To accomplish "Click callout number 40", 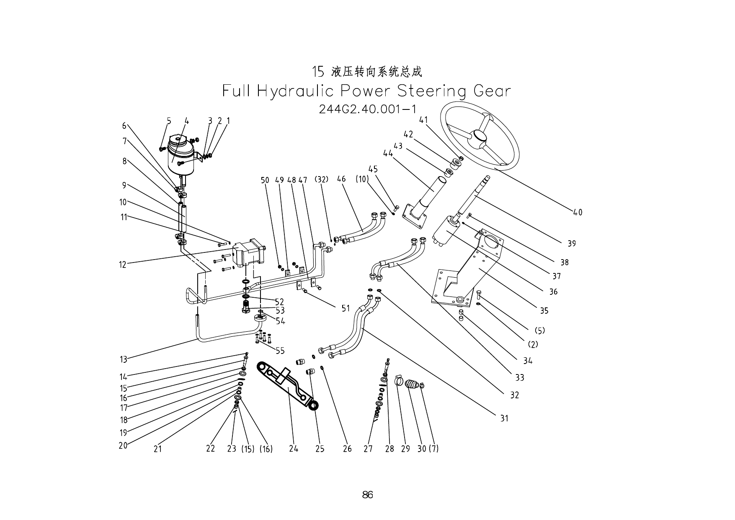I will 578,213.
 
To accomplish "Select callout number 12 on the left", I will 123,265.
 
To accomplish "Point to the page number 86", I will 367,495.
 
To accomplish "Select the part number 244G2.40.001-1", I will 367,109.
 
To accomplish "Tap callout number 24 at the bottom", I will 294,449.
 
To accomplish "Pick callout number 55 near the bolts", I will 280,351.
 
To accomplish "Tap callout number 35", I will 544,311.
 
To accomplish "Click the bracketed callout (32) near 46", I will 322,180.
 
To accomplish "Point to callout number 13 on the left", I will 124,359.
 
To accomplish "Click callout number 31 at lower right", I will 504,418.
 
